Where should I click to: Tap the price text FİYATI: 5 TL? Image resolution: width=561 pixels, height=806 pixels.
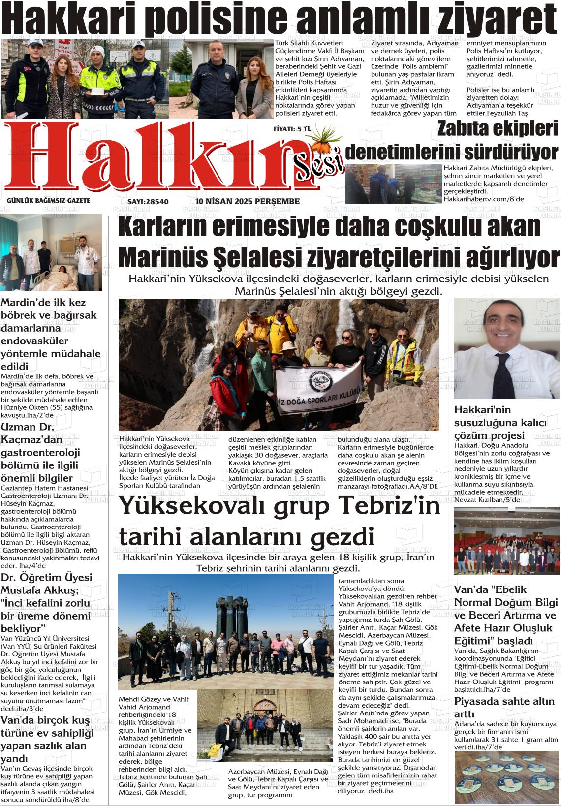tap(292, 129)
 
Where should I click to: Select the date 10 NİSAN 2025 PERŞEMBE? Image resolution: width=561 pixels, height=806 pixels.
tap(248, 202)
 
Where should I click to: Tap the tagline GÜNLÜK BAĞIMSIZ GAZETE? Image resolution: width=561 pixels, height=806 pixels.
tap(48, 201)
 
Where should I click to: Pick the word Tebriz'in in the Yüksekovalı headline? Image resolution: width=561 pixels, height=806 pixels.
tap(385, 506)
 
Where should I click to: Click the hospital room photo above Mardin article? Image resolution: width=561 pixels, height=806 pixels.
tap(52, 252)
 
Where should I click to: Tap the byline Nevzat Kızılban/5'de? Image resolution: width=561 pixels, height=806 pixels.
tap(487, 499)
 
